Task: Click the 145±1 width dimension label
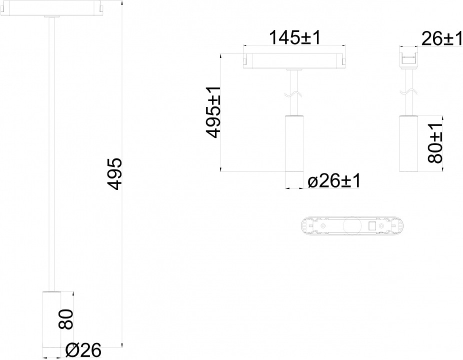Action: point(294,38)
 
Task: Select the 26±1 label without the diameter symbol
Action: point(441,38)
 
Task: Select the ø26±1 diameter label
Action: point(334,181)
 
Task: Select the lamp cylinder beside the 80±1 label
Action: point(408,144)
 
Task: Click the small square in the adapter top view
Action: point(372,226)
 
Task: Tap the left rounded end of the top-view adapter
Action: point(305,226)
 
